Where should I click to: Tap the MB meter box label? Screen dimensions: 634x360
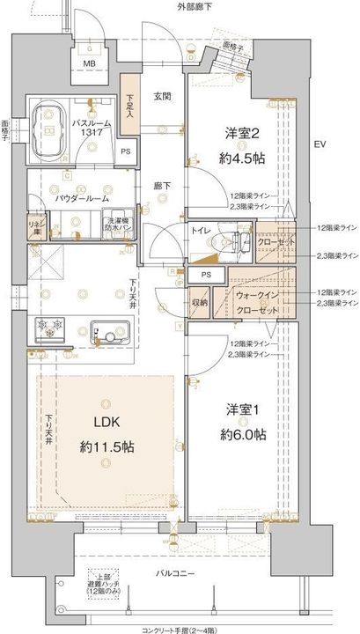89,63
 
